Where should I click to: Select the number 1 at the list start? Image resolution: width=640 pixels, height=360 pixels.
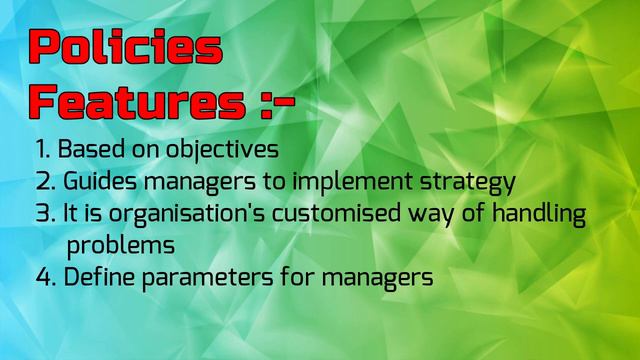tap(42, 150)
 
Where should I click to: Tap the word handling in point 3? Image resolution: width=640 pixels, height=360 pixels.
tap(541, 216)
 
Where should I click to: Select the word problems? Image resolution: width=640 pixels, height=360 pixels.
tap(120, 246)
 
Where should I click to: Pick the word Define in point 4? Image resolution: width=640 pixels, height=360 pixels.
tap(97, 277)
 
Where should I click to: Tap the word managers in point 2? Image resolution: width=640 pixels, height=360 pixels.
tap(194, 184)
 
